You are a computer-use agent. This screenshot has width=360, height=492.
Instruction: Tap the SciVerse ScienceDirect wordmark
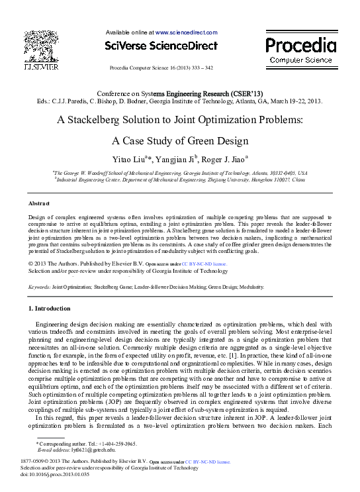161,46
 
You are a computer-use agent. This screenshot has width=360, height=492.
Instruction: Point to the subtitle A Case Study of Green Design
180,140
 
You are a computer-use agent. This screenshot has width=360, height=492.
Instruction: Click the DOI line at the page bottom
55,475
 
